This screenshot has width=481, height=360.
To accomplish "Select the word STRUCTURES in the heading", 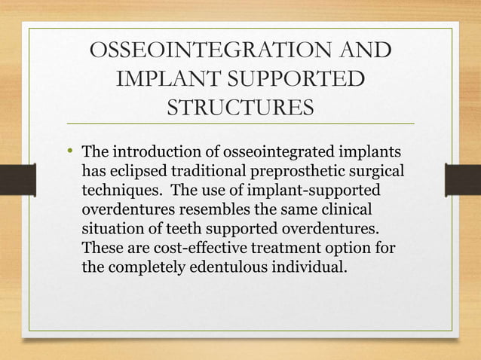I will pyautogui.click(x=240, y=107).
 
